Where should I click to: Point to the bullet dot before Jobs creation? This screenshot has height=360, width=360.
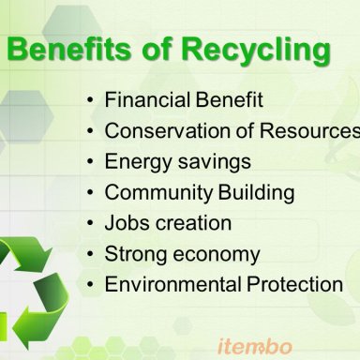90,224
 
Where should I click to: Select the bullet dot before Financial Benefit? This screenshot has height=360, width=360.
90,100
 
